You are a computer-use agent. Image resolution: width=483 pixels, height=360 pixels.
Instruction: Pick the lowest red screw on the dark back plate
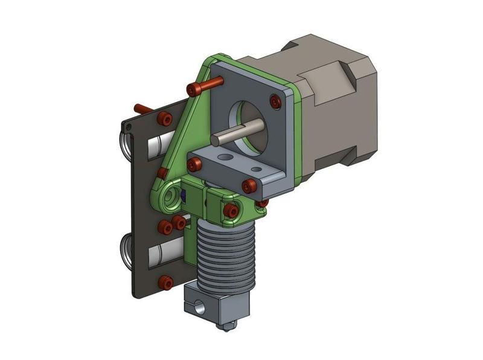[x=165, y=281]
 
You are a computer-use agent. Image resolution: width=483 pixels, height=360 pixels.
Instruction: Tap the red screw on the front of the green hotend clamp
[x=230, y=210]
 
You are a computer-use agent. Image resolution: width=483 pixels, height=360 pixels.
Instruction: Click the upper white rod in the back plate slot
[x=160, y=145]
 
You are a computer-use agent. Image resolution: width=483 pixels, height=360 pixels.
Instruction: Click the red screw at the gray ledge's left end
[x=194, y=164]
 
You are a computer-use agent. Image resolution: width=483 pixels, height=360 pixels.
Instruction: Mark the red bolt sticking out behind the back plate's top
[x=142, y=108]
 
